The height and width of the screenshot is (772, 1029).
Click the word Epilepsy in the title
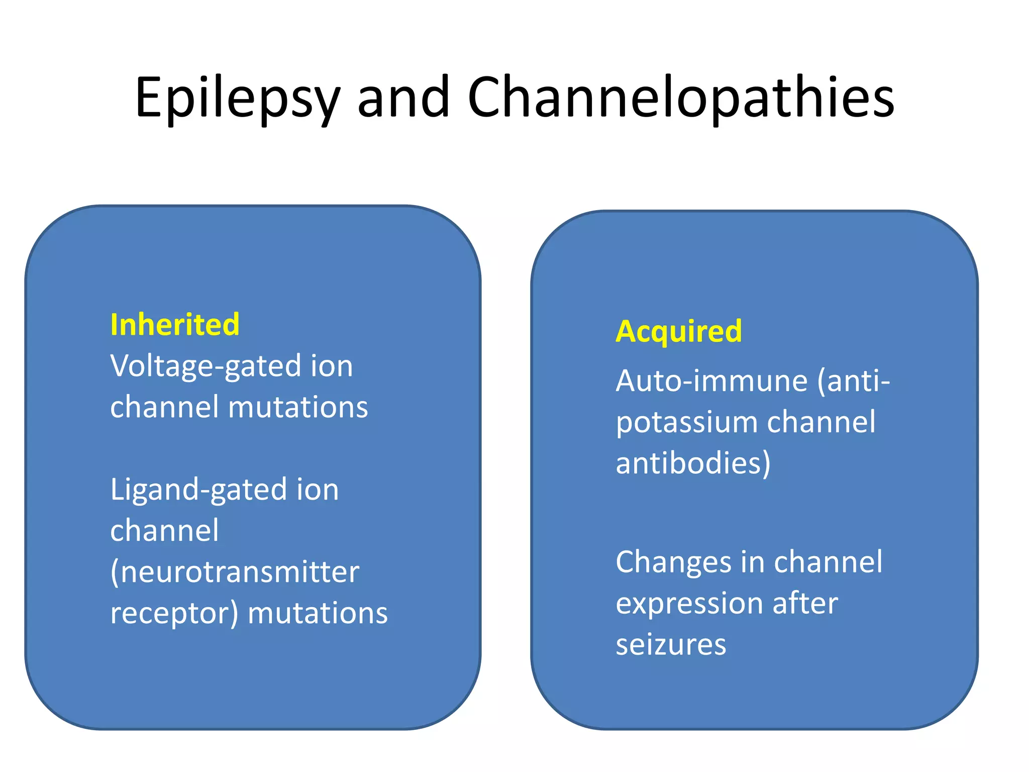[238, 98]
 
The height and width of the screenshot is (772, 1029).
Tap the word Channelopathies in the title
[681, 98]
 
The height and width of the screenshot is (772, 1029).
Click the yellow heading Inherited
[175, 325]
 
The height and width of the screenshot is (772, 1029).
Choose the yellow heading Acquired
[679, 332]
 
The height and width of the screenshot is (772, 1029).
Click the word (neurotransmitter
[235, 572]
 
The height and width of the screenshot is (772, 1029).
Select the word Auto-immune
[711, 381]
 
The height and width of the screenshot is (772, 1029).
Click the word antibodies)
[693, 463]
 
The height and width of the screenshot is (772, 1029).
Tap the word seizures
[671, 645]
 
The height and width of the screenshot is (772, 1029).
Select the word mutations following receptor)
[318, 614]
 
